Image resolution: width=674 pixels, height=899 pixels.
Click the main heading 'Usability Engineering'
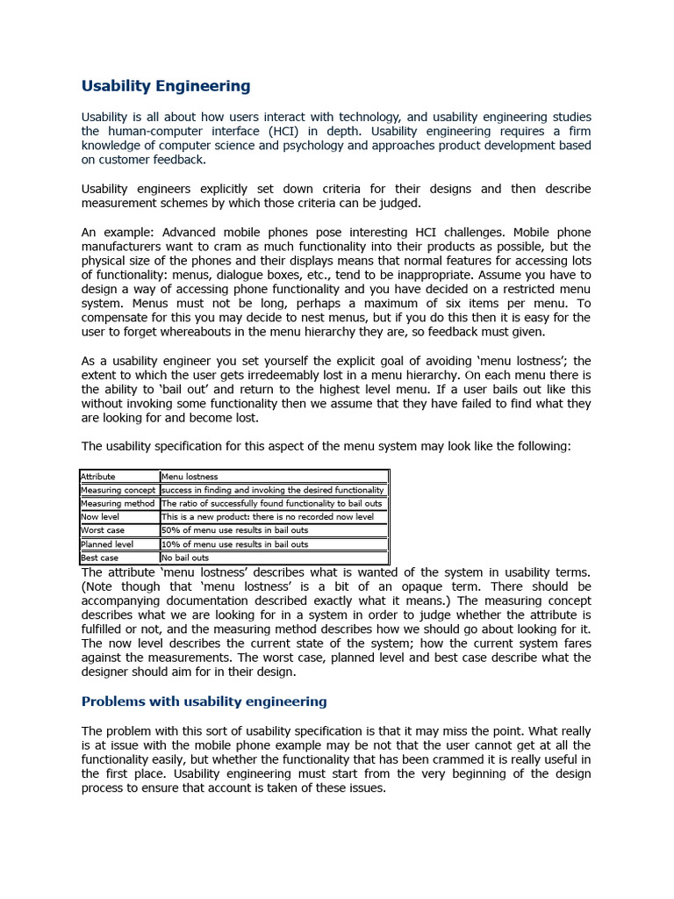(x=165, y=86)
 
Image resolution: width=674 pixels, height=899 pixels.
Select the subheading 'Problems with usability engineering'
(x=204, y=701)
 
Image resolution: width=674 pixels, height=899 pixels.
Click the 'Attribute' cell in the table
(x=98, y=477)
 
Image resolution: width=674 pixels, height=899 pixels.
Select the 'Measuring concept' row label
(x=118, y=490)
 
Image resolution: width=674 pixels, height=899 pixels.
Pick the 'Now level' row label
(x=100, y=517)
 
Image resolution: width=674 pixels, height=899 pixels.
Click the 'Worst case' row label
(x=103, y=530)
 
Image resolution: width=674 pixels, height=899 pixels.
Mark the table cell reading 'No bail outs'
(x=185, y=557)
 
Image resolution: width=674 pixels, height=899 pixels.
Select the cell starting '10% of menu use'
(x=234, y=544)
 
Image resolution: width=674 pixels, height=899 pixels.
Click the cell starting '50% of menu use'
(x=234, y=530)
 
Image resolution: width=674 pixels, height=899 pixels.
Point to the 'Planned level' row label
(x=107, y=544)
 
